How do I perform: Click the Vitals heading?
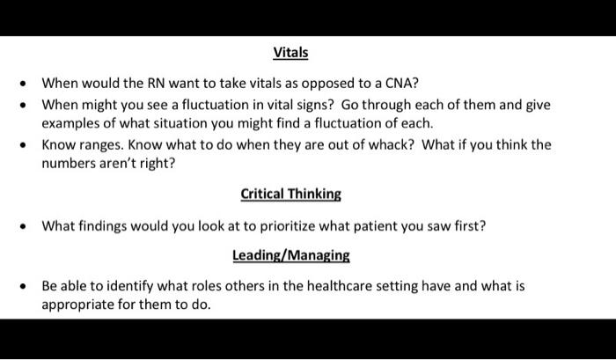(x=290, y=53)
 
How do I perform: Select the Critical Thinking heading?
(x=290, y=195)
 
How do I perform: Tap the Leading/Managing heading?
(x=291, y=255)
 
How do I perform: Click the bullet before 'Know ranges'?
(x=24, y=145)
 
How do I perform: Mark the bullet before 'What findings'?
(x=24, y=226)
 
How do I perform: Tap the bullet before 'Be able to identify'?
(x=24, y=286)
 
